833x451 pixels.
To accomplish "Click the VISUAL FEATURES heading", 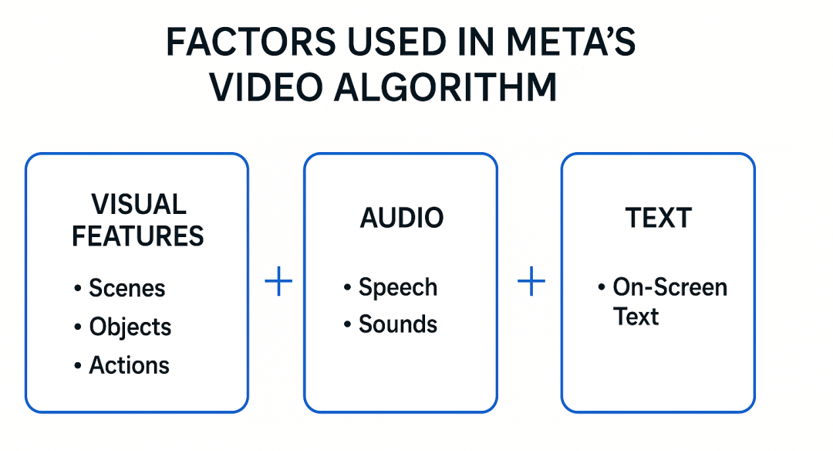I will pyautogui.click(x=138, y=220).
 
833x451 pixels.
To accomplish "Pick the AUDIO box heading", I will pyautogui.click(x=402, y=219).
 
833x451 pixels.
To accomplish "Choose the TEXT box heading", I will pyautogui.click(x=658, y=219).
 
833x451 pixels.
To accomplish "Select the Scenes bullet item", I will pyautogui.click(x=127, y=288).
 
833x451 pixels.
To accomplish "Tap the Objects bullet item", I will pyautogui.click(x=130, y=327).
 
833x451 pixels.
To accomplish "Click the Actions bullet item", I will pyautogui.click(x=130, y=365).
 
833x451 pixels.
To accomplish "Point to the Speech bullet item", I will pyautogui.click(x=398, y=287).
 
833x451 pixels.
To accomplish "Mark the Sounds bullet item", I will pyautogui.click(x=398, y=324).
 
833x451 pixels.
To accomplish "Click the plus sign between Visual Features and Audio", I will pyautogui.click(x=278, y=283).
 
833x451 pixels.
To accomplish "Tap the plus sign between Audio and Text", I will pyautogui.click(x=531, y=283).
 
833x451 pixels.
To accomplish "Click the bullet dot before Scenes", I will pyautogui.click(x=78, y=289).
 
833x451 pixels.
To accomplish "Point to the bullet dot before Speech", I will pyautogui.click(x=348, y=288).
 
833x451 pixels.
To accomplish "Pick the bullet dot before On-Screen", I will pyautogui.click(x=602, y=288).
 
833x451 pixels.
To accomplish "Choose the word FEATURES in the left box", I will pyautogui.click(x=138, y=236).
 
